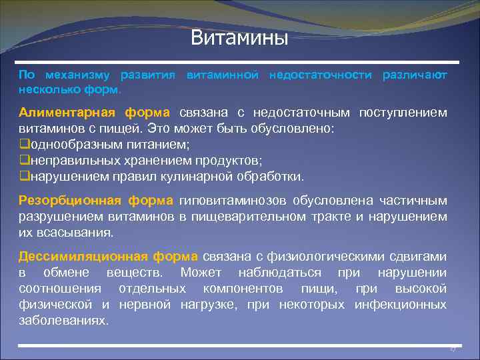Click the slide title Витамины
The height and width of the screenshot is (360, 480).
pyautogui.click(x=239, y=37)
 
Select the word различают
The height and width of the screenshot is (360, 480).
pyautogui.click(x=415, y=75)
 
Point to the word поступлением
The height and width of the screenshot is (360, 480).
pyautogui.click(x=403, y=113)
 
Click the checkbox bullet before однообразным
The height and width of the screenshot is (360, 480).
pyautogui.click(x=24, y=145)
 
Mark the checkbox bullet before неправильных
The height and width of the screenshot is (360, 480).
pyautogui.click(x=24, y=161)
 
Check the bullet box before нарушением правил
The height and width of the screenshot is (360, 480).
pyautogui.click(x=24, y=177)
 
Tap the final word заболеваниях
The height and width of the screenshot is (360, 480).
pyautogui.click(x=63, y=321)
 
